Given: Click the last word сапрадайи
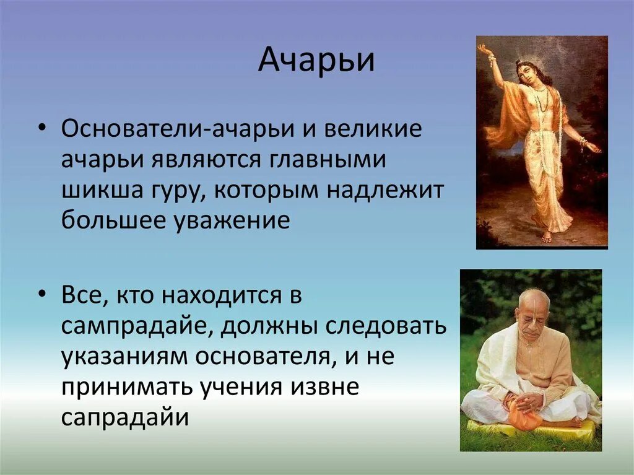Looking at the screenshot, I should pyautogui.click(x=124, y=418).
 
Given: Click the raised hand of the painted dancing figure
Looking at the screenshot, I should pyautogui.click(x=484, y=49).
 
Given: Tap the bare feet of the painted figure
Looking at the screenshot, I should pyautogui.click(x=546, y=236).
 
